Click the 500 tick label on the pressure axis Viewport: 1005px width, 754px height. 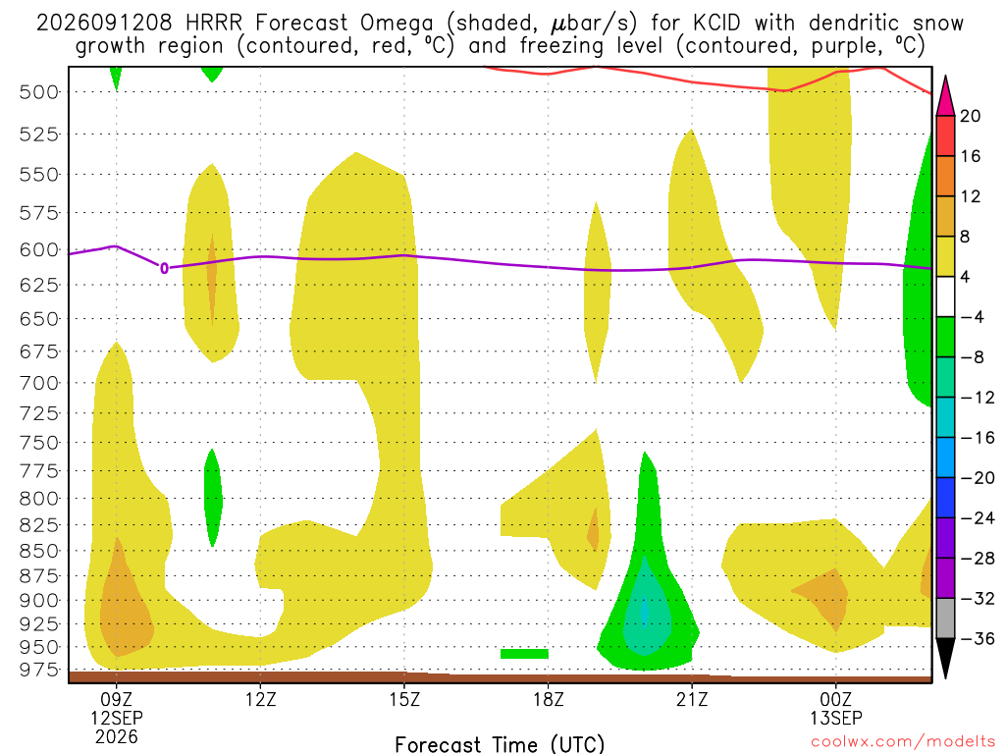click(x=39, y=92)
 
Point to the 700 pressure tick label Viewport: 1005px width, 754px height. click(x=39, y=384)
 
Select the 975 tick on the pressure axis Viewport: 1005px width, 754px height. click(x=39, y=670)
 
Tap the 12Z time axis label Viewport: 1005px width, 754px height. click(x=260, y=699)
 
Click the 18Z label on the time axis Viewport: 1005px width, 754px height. click(x=548, y=699)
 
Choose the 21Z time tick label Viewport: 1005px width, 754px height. click(x=692, y=699)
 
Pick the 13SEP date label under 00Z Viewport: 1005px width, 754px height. click(x=836, y=718)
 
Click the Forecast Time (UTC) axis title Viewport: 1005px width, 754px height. click(x=500, y=744)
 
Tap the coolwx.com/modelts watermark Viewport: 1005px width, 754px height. click(x=903, y=742)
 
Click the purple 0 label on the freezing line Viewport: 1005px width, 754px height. click(x=164, y=268)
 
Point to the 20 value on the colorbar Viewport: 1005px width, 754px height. click(x=970, y=116)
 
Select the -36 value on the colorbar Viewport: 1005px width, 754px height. click(x=977, y=638)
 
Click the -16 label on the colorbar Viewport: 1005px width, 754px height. click(x=977, y=438)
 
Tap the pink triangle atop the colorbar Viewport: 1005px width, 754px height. click(x=945, y=95)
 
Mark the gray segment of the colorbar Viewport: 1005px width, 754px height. click(x=945, y=619)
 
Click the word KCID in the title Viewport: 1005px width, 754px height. click(x=716, y=24)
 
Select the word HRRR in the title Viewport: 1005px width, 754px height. click(x=213, y=24)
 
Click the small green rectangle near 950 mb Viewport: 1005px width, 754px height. click(x=524, y=654)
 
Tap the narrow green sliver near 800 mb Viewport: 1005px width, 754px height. click(x=213, y=498)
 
